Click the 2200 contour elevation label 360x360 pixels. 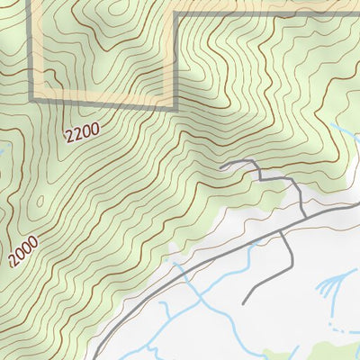tap(81, 133)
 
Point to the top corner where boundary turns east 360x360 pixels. tap(173, 13)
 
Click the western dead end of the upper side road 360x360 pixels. tap(221, 166)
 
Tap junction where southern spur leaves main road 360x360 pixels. tap(281, 229)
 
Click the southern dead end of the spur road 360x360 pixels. tap(244, 302)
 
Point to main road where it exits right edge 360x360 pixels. tap(358, 205)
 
